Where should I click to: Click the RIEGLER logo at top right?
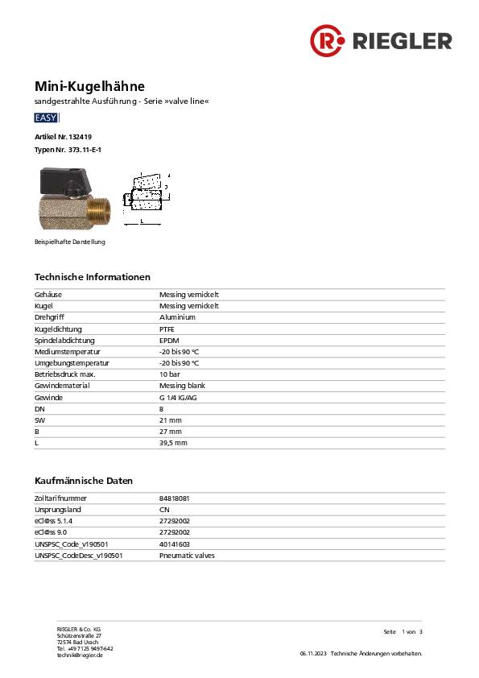tap(381, 39)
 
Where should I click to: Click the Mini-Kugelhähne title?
tap(89, 85)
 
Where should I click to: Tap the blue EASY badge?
tap(46, 118)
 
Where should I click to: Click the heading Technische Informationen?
tap(92, 277)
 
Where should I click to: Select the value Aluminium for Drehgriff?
tap(177, 317)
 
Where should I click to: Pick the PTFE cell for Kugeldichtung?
tap(167, 329)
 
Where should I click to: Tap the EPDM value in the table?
tap(168, 341)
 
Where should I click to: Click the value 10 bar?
tap(169, 374)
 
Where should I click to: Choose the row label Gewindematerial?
tap(63, 386)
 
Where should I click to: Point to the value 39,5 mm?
tap(173, 443)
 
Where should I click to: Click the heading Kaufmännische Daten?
tap(83, 481)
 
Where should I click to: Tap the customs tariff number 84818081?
tap(175, 498)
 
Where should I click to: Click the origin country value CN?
tap(164, 510)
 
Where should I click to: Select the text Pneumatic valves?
tap(187, 556)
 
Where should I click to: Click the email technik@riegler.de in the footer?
tap(80, 655)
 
